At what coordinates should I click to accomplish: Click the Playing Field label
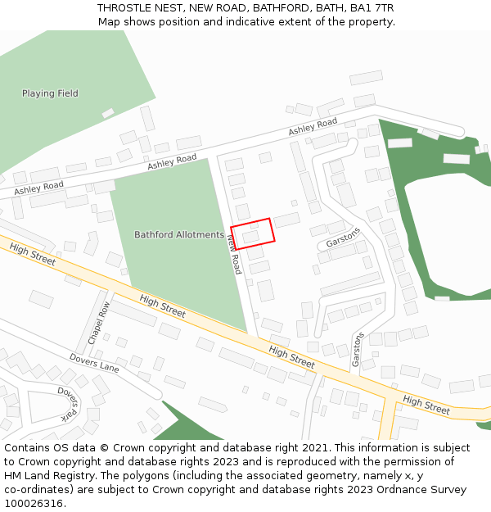point(50,93)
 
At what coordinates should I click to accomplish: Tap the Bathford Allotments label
point(178,235)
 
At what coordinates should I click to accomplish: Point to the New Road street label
point(234,252)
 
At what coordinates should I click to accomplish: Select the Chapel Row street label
point(98,323)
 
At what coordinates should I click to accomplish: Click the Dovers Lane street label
point(94,364)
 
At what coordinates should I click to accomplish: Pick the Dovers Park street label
point(68,403)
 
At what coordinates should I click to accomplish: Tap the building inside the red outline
point(250,237)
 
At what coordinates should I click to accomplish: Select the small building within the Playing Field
point(108,113)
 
